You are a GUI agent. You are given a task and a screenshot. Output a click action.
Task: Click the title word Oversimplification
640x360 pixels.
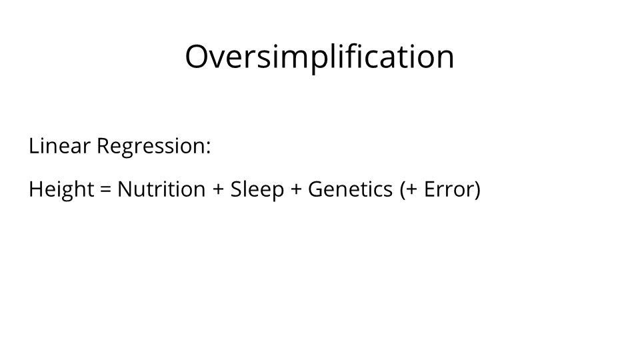[319, 57]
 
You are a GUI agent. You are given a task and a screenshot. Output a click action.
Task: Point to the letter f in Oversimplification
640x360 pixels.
[367, 55]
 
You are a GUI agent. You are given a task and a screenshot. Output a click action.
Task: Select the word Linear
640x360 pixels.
[59, 145]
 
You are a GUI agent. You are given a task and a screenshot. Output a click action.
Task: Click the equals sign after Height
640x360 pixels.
[105, 189]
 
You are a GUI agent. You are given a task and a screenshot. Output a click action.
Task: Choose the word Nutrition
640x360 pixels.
[161, 189]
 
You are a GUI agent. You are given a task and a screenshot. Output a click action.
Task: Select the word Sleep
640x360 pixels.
[257, 190]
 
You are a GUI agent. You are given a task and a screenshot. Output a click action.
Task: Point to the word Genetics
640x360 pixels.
[350, 189]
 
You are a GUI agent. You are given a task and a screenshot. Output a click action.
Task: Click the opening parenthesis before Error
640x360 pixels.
[403, 190]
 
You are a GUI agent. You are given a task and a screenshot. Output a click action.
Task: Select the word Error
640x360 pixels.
[448, 189]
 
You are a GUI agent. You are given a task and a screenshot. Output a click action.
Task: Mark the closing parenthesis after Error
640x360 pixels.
[477, 190]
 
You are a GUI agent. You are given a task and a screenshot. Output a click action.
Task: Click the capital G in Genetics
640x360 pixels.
[316, 189]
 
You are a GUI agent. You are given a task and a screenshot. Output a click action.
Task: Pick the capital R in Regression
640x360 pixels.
[104, 146]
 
